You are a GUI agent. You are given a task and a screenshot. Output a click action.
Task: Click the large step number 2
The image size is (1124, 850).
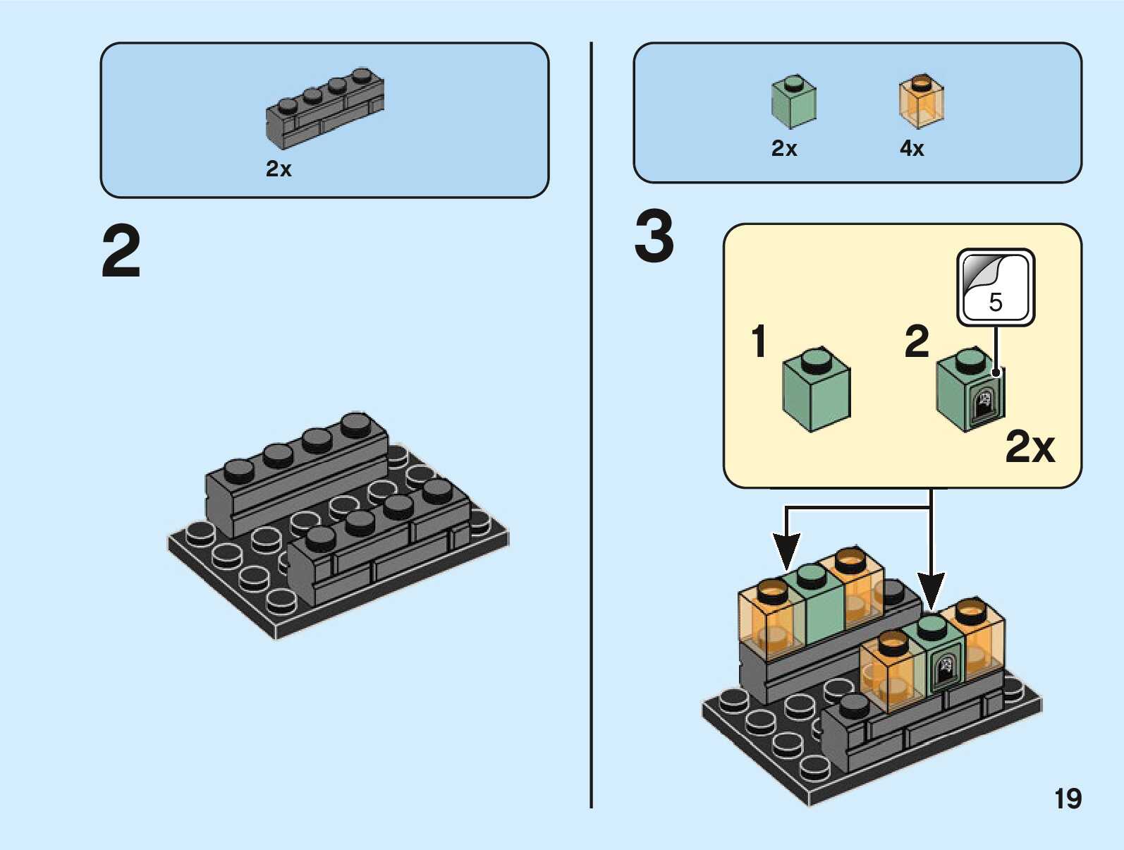[121, 252]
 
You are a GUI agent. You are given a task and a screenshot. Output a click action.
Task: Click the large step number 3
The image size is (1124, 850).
[654, 237]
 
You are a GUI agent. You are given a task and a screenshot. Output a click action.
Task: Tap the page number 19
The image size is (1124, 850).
[1068, 799]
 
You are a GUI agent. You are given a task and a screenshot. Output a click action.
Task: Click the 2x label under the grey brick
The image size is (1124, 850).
[279, 169]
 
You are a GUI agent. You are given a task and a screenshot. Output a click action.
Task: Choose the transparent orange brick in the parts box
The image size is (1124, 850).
[921, 102]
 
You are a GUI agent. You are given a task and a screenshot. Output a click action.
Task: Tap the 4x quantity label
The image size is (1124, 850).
[912, 148]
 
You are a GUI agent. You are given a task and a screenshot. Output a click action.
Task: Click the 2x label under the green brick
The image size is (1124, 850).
[784, 148]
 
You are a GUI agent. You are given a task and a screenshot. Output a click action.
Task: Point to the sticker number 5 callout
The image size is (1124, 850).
[996, 287]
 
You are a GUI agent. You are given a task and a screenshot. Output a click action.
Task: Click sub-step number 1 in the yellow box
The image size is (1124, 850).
[759, 341]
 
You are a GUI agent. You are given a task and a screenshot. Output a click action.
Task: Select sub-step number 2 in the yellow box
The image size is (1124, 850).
[917, 341]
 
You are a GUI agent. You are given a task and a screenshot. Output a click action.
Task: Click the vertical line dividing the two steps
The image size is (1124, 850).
[591, 423]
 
